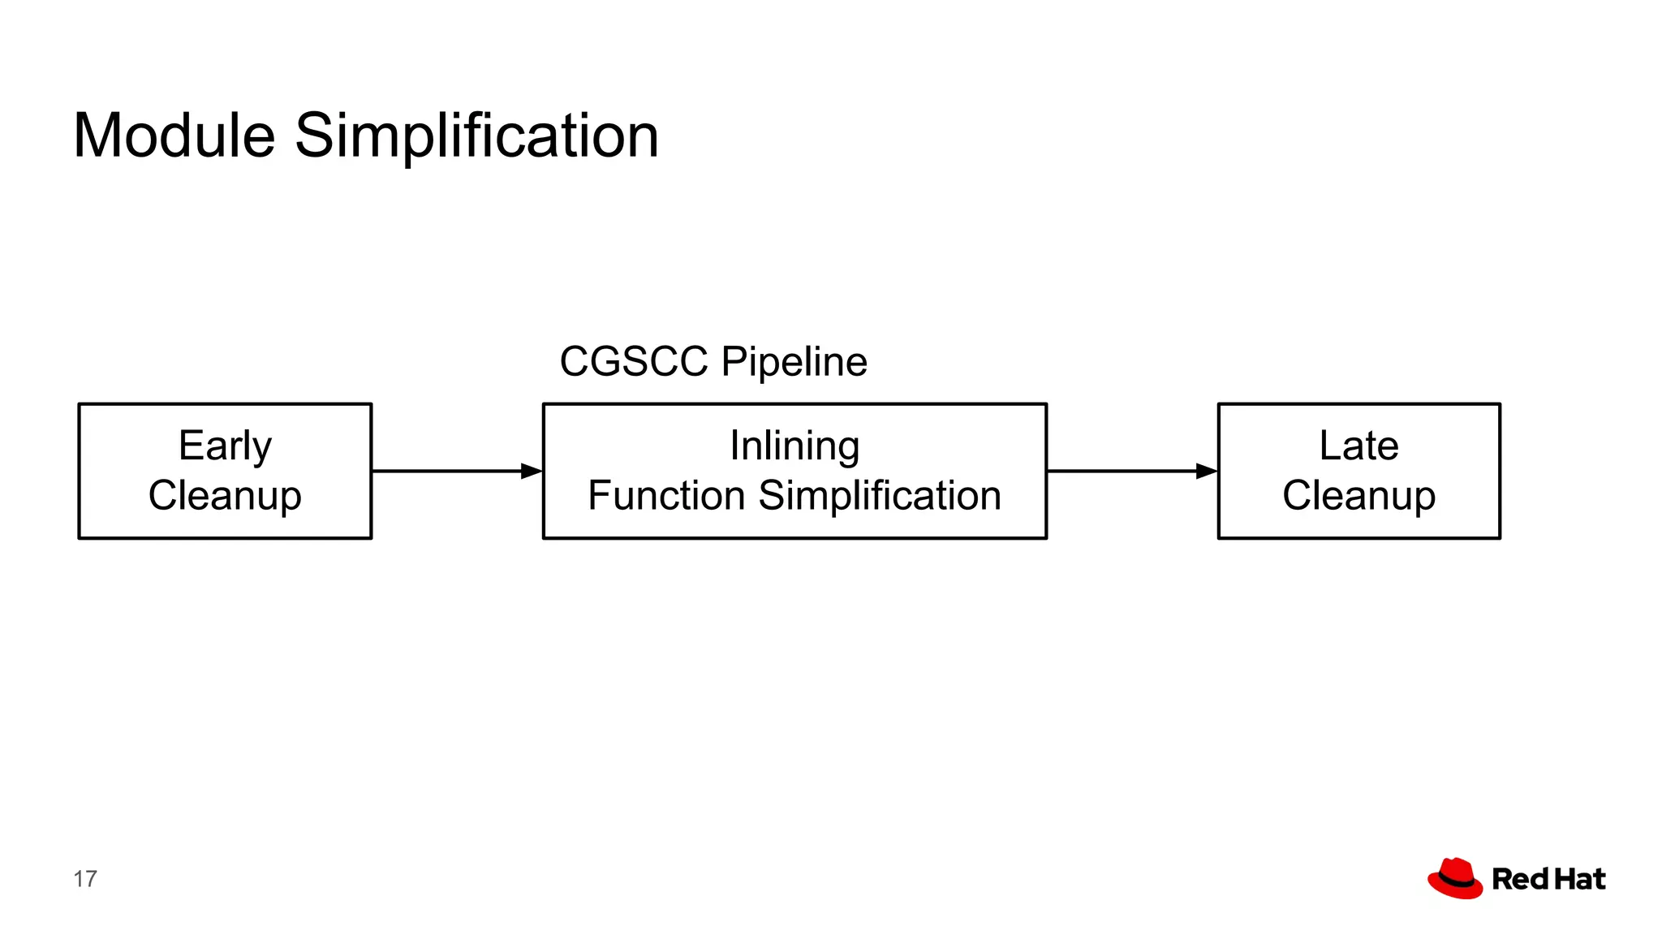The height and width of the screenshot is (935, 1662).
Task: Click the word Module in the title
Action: click(x=174, y=136)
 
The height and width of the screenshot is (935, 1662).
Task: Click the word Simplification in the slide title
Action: click(x=476, y=136)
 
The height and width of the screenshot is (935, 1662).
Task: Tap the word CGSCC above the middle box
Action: click(x=633, y=361)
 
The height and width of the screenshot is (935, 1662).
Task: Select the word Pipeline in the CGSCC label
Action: click(x=794, y=363)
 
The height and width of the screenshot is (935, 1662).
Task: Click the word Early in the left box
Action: click(x=225, y=446)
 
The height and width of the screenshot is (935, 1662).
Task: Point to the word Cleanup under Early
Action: click(x=225, y=496)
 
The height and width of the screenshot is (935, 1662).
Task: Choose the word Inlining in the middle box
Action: click(x=794, y=446)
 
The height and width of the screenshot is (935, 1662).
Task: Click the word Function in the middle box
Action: click(x=666, y=495)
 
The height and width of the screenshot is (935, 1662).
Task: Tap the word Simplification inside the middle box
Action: click(x=880, y=495)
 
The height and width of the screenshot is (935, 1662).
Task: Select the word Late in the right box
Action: click(x=1358, y=446)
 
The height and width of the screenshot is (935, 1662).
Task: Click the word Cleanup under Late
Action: click(x=1358, y=496)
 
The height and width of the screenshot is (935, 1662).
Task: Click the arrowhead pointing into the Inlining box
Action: click(x=532, y=471)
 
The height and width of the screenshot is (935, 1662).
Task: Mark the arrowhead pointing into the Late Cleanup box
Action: click(x=1207, y=471)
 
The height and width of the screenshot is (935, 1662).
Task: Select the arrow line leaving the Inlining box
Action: click(x=1120, y=471)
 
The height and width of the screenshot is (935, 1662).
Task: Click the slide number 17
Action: click(x=85, y=879)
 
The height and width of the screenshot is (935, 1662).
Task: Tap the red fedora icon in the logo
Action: click(x=1456, y=878)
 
